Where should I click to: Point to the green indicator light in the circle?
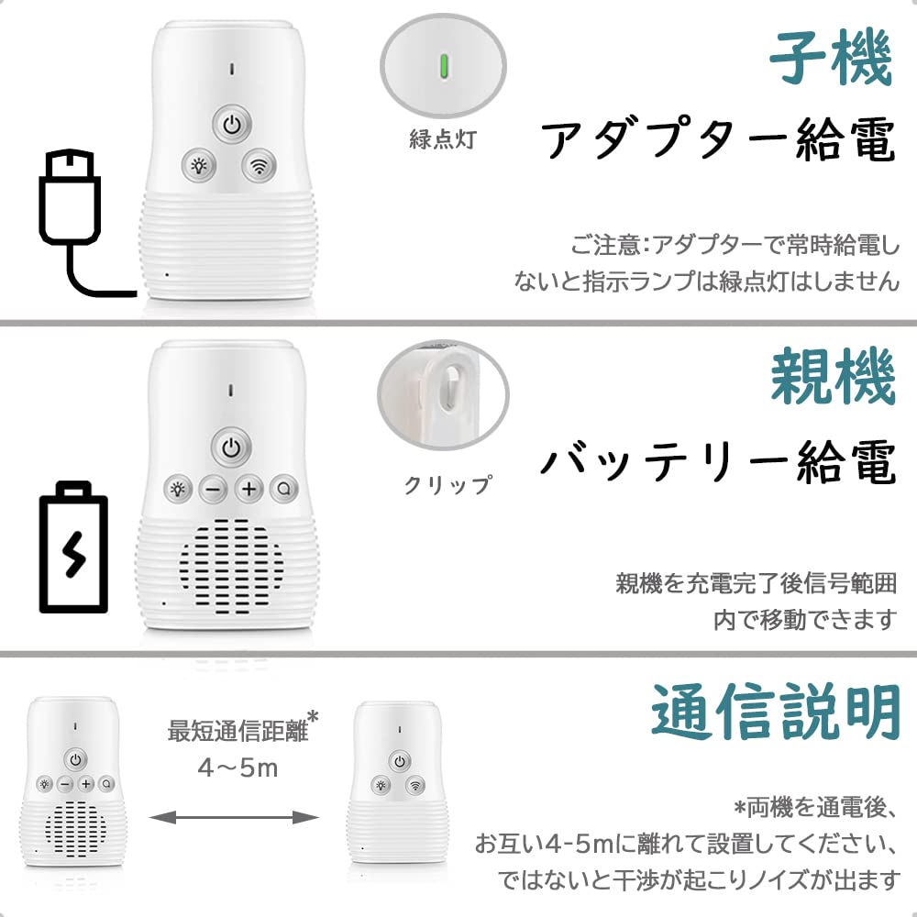pos(443,65)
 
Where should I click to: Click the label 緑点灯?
pos(443,140)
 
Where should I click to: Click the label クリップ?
pos(448,484)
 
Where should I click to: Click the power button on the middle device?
pos(230,449)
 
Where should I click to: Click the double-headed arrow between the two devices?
pos(236,816)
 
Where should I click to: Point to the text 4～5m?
pos(238,768)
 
